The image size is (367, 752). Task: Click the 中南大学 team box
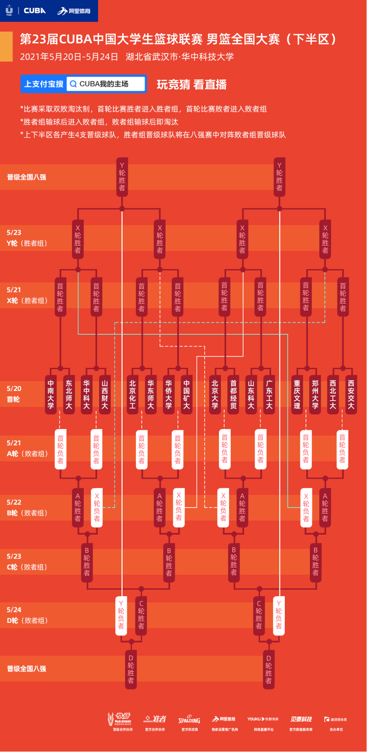point(51,395)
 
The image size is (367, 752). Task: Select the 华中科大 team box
point(87,395)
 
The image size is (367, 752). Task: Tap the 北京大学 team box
point(215,395)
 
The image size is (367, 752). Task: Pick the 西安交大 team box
point(351,395)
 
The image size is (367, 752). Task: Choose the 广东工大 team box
point(269,395)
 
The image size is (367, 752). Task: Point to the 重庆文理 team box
point(297,395)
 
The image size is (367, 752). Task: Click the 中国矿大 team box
point(186,395)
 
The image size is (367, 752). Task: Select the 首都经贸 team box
point(233,395)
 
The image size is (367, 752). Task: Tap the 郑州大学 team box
point(315,395)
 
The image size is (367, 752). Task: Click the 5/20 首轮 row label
point(14,394)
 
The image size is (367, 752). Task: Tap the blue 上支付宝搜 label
point(43,84)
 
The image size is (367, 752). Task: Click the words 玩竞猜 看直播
point(192,85)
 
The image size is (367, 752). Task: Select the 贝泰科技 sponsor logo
point(301,719)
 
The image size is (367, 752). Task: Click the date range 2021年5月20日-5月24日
point(69,57)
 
